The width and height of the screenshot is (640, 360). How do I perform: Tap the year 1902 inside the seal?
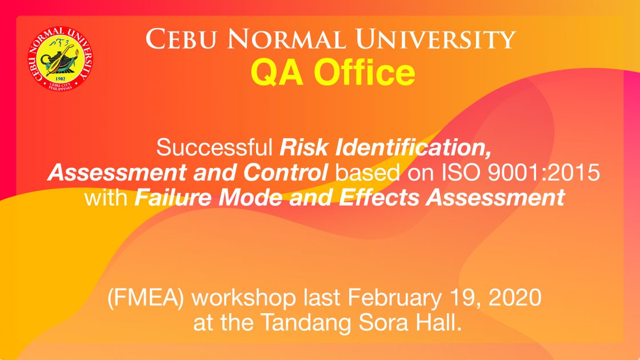61,78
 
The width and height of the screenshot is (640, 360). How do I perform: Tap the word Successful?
214,147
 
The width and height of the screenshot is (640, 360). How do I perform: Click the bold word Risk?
304,147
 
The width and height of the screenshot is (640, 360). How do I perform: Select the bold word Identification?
414,148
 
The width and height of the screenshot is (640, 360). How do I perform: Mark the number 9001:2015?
543,173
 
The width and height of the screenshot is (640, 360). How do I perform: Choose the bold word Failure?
173,198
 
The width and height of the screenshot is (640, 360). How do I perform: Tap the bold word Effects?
379,198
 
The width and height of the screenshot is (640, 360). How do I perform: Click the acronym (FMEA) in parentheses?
145,298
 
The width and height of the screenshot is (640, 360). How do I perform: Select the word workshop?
243,298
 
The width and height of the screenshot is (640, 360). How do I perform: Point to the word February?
394,298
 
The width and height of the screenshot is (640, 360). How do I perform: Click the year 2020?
515,298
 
